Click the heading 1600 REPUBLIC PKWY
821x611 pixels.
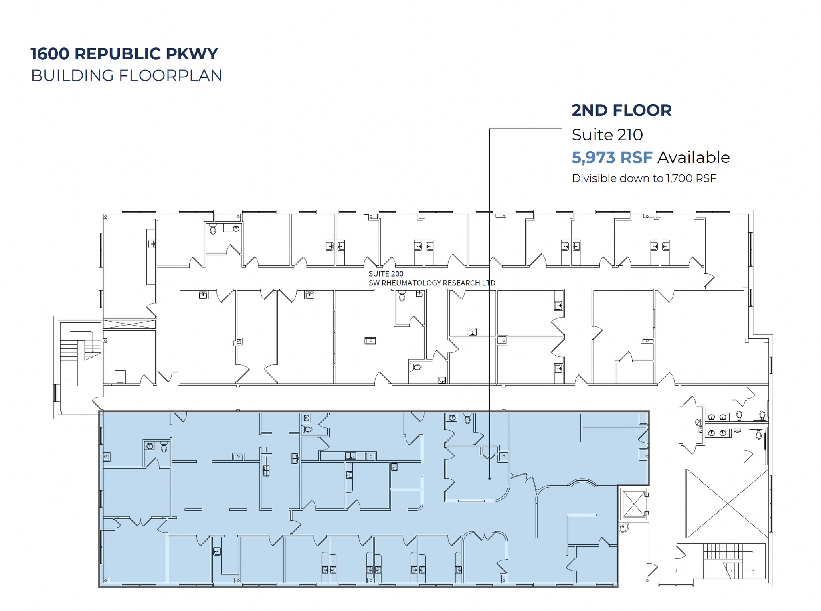point(124,54)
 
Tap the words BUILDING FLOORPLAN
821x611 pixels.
point(127,75)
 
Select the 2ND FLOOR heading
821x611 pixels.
point(621,110)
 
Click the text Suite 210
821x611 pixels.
point(607,135)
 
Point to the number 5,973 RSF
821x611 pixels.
point(612,158)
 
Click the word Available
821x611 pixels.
point(694,158)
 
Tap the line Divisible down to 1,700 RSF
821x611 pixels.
point(644,178)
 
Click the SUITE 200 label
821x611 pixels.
point(386,274)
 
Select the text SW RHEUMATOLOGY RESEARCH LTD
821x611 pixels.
point(432,283)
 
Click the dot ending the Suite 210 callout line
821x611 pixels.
point(489,478)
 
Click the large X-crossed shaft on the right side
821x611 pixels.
point(726,504)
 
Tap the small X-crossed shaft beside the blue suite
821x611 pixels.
point(633,504)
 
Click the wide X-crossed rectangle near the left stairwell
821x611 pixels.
point(129,324)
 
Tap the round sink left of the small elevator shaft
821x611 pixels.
point(624,528)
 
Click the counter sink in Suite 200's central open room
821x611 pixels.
point(370,341)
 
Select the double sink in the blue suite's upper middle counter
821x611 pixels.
point(351,456)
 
